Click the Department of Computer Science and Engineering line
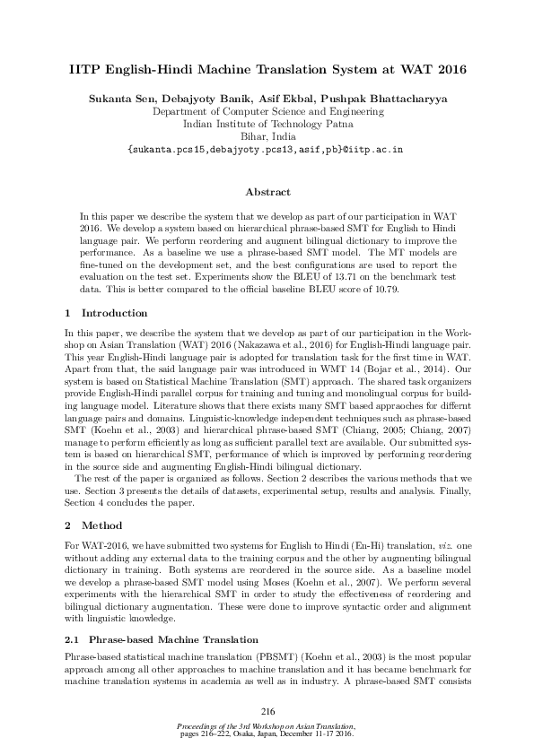[268, 112]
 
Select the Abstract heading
[267, 192]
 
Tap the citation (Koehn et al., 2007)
[312, 579]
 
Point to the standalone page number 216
[267, 710]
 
